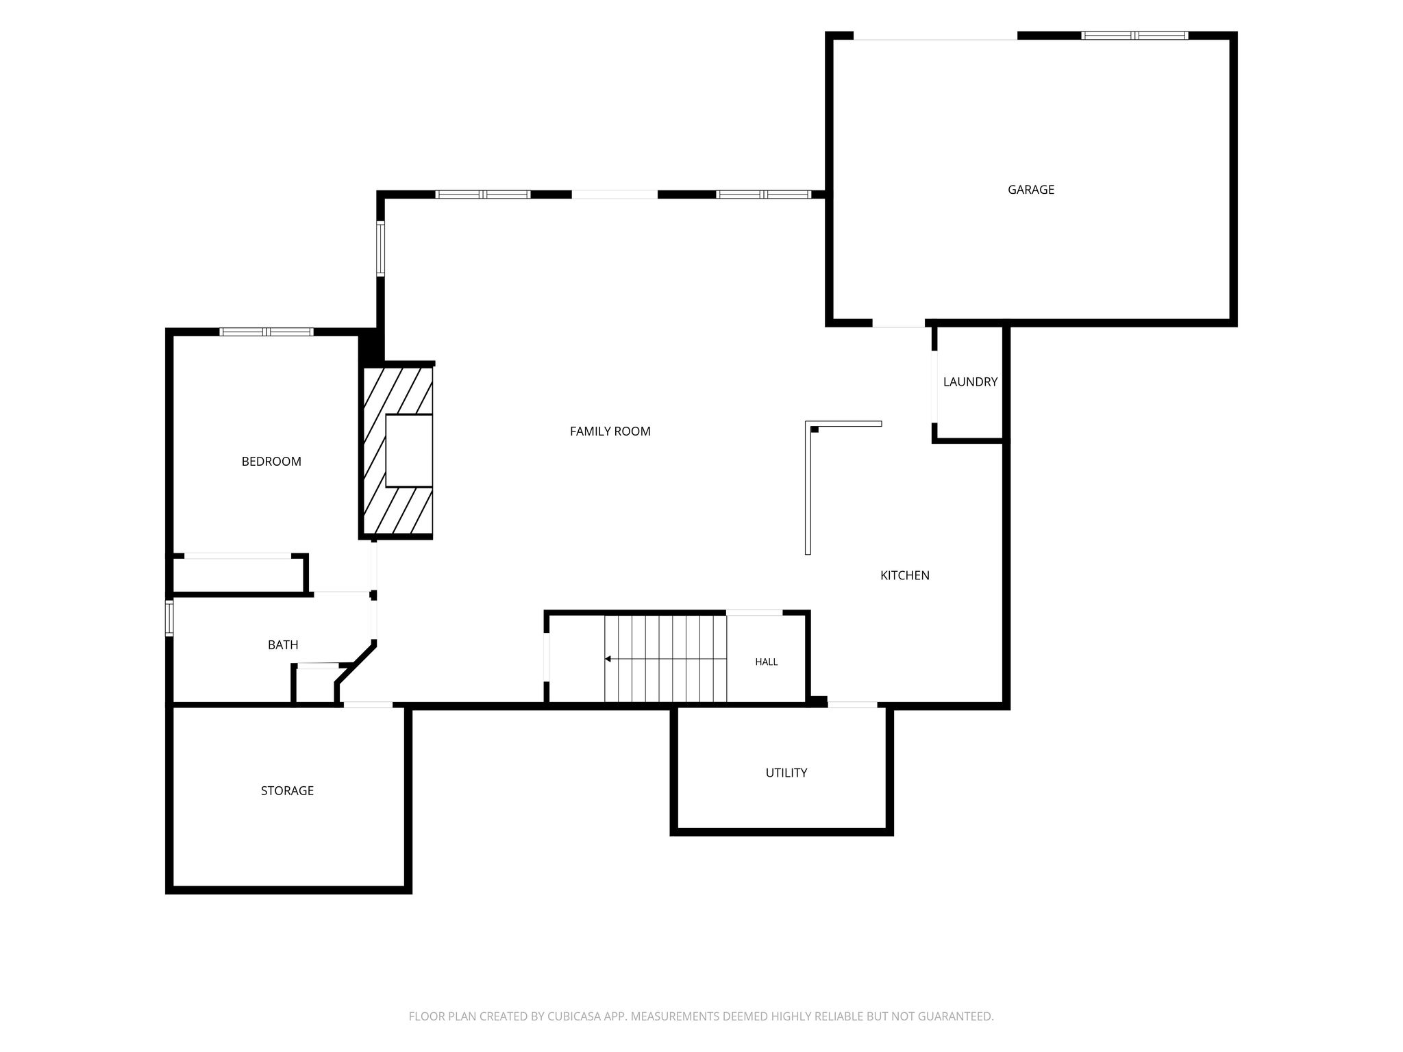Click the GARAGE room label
click(x=1030, y=190)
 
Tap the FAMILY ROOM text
click(x=610, y=431)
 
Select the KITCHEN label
click(x=904, y=575)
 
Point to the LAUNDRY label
click(x=970, y=382)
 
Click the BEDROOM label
click(x=271, y=462)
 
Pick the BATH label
click(x=283, y=644)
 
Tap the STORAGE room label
click(x=287, y=790)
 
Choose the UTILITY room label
click(x=786, y=773)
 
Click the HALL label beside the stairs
click(x=766, y=662)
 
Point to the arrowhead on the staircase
click(x=608, y=659)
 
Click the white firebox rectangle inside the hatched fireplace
click(x=409, y=451)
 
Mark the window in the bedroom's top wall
click(x=266, y=332)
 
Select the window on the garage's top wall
click(x=1134, y=36)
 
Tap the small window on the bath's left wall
click(x=169, y=618)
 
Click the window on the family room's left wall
click(x=380, y=248)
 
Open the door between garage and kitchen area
click(x=898, y=323)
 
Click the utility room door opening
click(x=852, y=704)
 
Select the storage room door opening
click(x=368, y=705)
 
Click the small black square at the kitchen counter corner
click(x=815, y=429)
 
